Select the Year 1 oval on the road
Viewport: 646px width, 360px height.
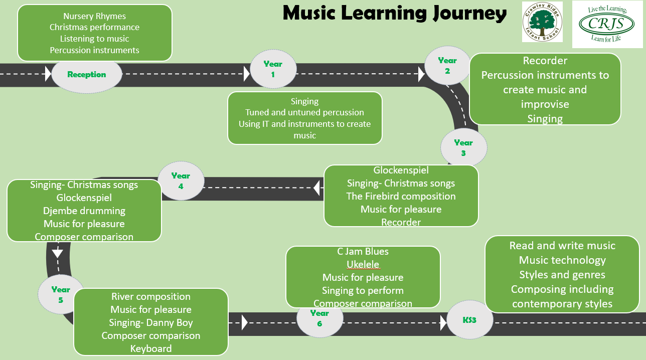(x=273, y=69)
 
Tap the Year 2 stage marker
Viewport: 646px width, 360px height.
(x=447, y=65)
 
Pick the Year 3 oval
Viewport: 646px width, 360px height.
(x=463, y=147)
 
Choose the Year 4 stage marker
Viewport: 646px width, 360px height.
(x=181, y=181)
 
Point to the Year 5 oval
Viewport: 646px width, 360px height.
(x=61, y=294)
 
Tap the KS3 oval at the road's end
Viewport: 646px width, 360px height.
(x=470, y=320)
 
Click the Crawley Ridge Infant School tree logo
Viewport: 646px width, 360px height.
(x=542, y=22)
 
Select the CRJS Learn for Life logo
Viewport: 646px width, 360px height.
(x=607, y=24)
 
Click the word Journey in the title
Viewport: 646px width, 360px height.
(x=470, y=14)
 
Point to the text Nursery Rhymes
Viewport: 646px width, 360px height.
(x=95, y=16)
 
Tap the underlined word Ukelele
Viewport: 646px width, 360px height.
(x=363, y=264)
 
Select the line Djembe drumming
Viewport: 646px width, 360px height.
(x=84, y=211)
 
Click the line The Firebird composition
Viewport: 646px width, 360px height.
(x=401, y=196)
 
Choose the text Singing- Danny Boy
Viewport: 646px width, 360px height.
(x=151, y=322)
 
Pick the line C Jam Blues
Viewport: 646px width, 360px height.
(x=363, y=251)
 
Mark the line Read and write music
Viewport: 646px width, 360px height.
(x=562, y=246)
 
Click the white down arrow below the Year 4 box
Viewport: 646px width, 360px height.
(x=57, y=253)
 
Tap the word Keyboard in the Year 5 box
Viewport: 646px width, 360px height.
(x=151, y=349)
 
